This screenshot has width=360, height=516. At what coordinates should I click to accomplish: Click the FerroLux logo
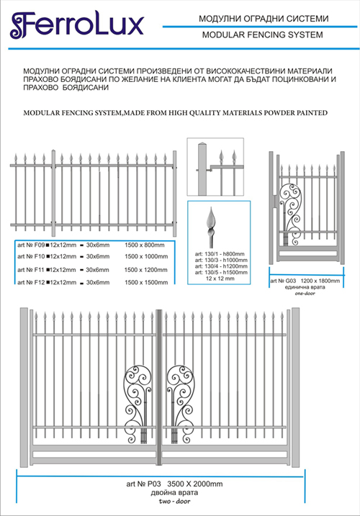[77, 25]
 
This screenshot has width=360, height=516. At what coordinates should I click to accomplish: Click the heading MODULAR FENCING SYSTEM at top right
[263, 35]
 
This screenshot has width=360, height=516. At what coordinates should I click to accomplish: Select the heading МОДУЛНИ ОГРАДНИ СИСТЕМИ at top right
[264, 19]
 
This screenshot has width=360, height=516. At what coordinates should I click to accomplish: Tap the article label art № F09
[31, 245]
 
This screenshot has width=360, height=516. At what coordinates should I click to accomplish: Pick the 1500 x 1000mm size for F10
[146, 256]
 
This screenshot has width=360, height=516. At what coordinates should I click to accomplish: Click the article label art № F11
[31, 270]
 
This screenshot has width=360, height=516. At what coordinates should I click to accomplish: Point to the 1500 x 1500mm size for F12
[146, 282]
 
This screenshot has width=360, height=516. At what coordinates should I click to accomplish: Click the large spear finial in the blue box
[211, 227]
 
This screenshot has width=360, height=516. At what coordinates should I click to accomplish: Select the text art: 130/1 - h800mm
[220, 254]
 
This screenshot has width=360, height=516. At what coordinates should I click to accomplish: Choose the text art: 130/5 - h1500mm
[221, 273]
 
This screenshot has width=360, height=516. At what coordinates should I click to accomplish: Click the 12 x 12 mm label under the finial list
[220, 279]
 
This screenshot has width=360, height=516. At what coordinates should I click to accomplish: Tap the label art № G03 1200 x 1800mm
[305, 281]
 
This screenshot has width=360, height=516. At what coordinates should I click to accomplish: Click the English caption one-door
[305, 293]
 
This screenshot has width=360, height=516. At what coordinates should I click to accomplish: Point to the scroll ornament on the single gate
[290, 214]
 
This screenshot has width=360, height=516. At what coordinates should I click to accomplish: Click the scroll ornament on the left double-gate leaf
[138, 404]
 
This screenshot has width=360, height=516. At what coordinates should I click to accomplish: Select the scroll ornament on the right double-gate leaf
[180, 404]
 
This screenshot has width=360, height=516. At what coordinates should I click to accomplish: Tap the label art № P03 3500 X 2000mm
[174, 484]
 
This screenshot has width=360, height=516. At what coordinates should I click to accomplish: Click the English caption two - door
[174, 502]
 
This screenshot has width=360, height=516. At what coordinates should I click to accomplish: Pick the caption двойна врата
[174, 493]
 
